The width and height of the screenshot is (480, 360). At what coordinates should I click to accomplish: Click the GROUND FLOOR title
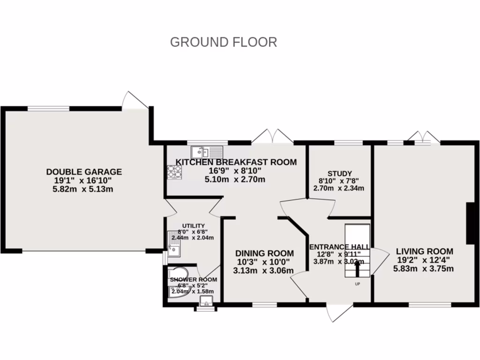pyautogui.click(x=223, y=42)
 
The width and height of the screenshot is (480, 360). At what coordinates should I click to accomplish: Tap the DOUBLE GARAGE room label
pyautogui.click(x=84, y=172)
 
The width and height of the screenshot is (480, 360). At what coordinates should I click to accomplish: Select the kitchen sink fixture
pyautogui.click(x=207, y=152)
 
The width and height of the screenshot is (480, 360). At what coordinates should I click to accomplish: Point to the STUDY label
pyautogui.click(x=340, y=173)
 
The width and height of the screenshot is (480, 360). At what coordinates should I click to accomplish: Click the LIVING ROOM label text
pyautogui.click(x=424, y=251)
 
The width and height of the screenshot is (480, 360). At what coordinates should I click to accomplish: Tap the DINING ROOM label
pyautogui.click(x=264, y=253)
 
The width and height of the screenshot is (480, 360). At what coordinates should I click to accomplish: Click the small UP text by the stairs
pyautogui.click(x=357, y=284)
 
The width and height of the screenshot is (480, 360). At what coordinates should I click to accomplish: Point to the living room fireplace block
pyautogui.click(x=470, y=223)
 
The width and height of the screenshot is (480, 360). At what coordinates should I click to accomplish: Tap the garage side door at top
pyautogui.click(x=135, y=100)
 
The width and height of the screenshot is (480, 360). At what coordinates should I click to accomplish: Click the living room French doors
pyautogui.click(x=423, y=137)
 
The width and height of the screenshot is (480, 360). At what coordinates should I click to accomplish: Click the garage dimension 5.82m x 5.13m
pyautogui.click(x=84, y=189)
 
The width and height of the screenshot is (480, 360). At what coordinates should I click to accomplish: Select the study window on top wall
pyautogui.click(x=349, y=142)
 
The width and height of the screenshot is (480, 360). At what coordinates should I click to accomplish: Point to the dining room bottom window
pyautogui.click(x=264, y=305)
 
